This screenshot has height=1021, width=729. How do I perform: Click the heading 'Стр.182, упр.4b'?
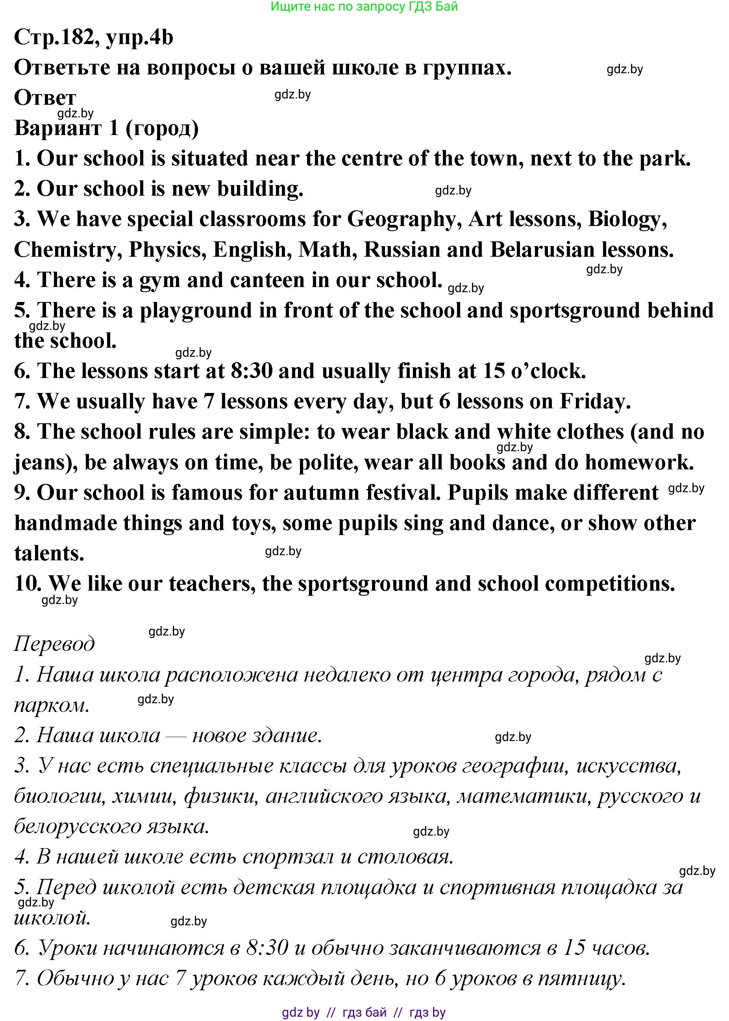click(x=93, y=37)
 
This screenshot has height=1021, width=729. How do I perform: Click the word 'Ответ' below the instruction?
click(x=45, y=97)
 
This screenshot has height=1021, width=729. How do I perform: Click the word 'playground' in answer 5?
click(x=196, y=311)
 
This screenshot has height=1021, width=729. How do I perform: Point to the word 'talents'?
click(x=49, y=554)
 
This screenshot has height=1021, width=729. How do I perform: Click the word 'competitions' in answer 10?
click(x=610, y=584)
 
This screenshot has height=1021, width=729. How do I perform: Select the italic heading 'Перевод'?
click(x=54, y=644)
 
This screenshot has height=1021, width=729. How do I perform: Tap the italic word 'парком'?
click(x=51, y=705)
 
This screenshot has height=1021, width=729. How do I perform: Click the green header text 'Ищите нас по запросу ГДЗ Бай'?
click(x=364, y=7)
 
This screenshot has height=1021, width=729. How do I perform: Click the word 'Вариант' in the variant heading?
click(x=58, y=128)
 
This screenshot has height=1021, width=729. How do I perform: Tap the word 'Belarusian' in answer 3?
click(x=542, y=250)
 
